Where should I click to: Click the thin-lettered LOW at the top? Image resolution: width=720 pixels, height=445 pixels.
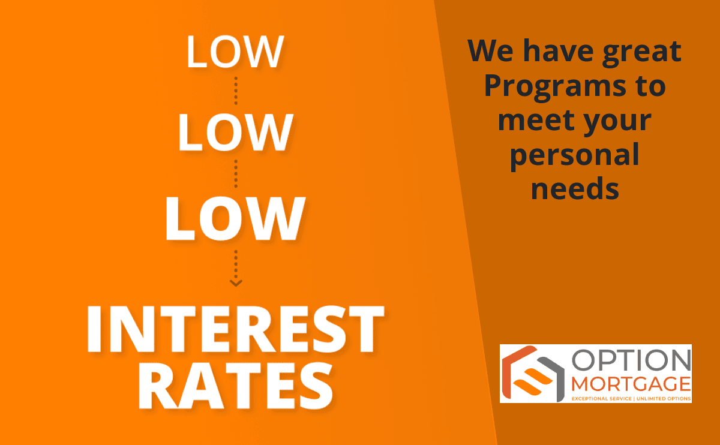pos(235,52)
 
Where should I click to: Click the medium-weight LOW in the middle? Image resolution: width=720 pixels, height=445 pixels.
pos(235,132)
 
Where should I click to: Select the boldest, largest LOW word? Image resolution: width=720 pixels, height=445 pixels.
pos(235,218)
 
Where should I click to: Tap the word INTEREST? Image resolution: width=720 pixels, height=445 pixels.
pos(235,329)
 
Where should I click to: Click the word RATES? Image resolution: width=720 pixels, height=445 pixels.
pos(236,386)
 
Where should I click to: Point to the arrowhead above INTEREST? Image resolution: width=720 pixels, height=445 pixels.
pos(236,282)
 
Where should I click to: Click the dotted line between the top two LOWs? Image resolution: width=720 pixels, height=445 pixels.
pos(236,91)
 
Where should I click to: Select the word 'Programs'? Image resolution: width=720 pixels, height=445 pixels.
pos(555,87)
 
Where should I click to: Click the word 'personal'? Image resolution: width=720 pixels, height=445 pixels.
pos(575,156)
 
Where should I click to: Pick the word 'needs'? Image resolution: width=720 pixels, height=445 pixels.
pos(575,188)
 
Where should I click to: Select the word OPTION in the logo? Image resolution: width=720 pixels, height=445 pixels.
pos(631,360)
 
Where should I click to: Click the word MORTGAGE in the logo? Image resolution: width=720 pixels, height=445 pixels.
pos(631,384)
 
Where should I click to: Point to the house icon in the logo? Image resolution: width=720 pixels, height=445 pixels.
pos(533,374)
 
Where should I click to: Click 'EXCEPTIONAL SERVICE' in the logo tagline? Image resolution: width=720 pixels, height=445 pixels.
pos(602,399)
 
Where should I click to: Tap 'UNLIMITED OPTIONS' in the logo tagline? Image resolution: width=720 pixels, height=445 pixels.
pos(664,399)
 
